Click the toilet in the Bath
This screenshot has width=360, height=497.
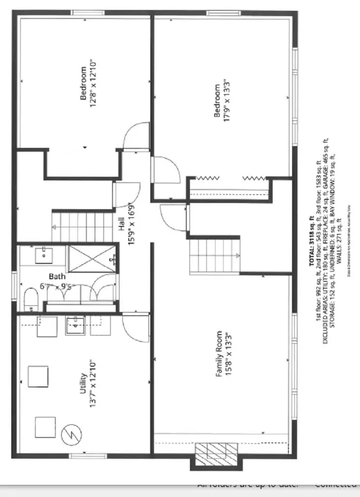(x=31, y=299)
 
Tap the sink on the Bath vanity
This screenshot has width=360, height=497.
(x=45, y=253)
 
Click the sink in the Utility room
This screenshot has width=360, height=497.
(x=76, y=325)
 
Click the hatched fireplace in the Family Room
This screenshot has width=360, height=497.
(x=216, y=454)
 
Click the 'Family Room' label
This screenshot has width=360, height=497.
(x=219, y=354)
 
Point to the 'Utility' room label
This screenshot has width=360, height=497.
(x=83, y=383)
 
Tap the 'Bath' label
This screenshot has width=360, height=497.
(x=57, y=277)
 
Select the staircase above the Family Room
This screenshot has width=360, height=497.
(x=214, y=255)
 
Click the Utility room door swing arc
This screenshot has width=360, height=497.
(x=135, y=328)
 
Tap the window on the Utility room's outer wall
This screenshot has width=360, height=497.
(x=81, y=456)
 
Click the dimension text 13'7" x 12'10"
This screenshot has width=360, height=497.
(x=93, y=383)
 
